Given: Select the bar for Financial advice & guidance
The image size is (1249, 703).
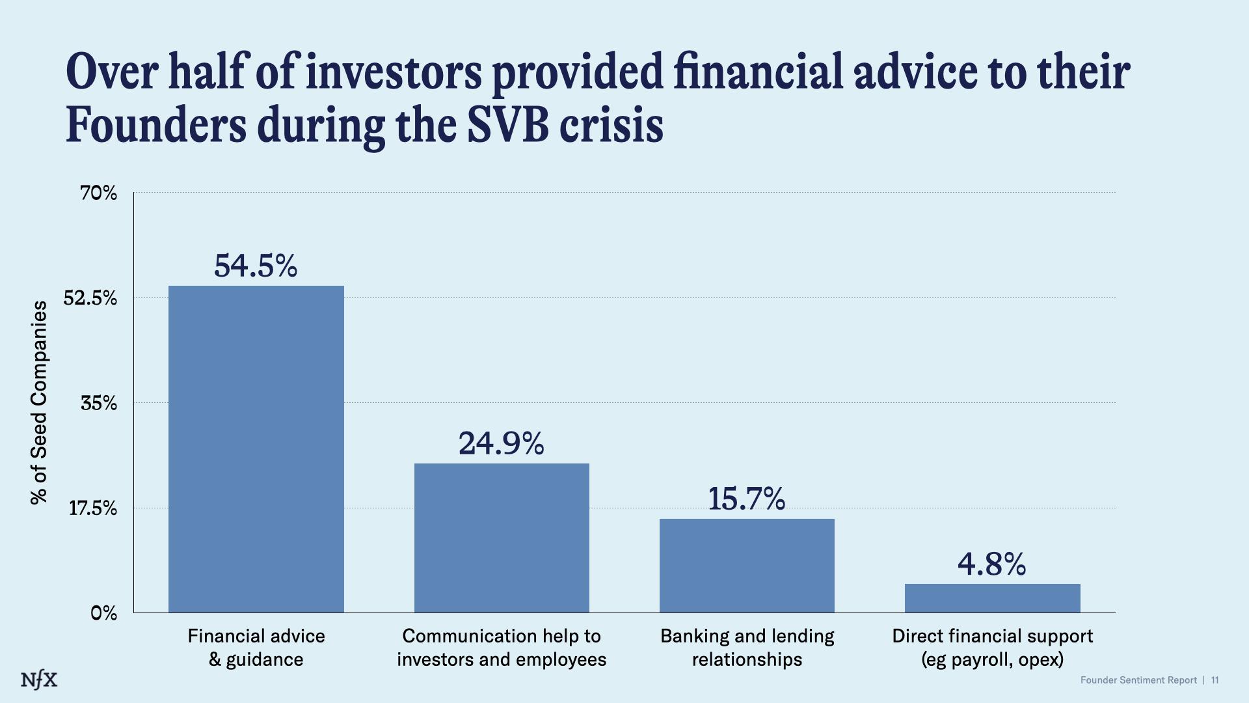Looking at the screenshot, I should [x=256, y=449].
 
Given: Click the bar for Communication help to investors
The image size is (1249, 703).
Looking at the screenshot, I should [x=502, y=538].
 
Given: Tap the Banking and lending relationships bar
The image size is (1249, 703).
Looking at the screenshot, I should [x=747, y=565].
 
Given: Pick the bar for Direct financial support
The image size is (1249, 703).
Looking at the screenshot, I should [x=992, y=598].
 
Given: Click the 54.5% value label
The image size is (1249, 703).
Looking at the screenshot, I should [x=256, y=266].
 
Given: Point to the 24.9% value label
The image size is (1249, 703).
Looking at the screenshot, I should [x=501, y=443].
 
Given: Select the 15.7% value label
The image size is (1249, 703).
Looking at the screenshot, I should [x=746, y=499].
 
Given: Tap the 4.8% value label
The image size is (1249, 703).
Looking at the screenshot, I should [x=991, y=564].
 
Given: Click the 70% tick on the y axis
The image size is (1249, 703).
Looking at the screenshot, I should [x=98, y=193].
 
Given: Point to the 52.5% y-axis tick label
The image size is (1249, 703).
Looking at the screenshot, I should [x=90, y=298].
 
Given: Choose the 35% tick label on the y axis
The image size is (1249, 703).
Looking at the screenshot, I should [x=99, y=403].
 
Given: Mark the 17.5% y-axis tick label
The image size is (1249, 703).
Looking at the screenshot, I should [x=93, y=508].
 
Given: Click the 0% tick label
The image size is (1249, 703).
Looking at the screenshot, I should [x=103, y=613].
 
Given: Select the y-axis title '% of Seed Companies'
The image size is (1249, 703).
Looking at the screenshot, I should [x=39, y=402].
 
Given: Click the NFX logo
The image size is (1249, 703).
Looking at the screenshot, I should [x=39, y=680].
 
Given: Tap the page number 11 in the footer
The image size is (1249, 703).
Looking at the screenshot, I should [x=1215, y=680].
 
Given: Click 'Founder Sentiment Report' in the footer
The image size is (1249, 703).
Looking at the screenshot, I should [x=1138, y=680].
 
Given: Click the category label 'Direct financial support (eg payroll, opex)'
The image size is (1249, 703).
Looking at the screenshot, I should [x=992, y=648].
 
